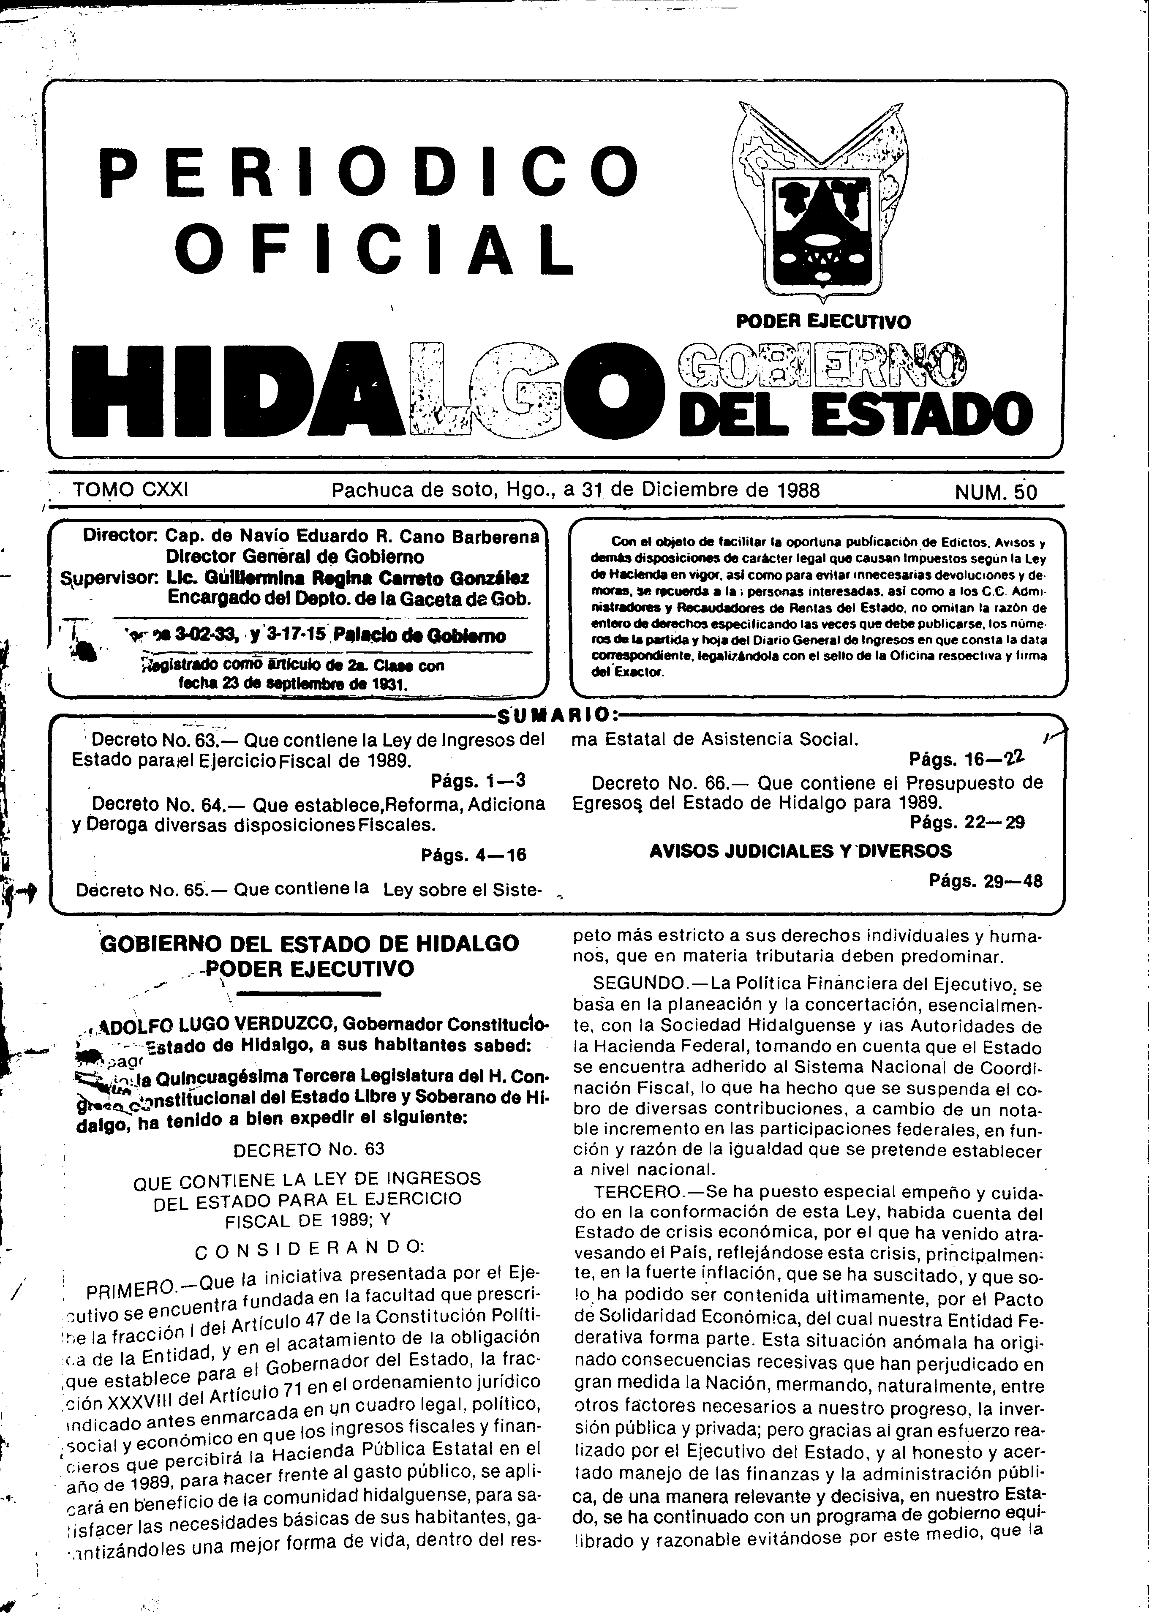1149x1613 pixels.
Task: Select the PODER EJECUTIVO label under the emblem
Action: (824, 322)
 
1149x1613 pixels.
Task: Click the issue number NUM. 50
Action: (996, 492)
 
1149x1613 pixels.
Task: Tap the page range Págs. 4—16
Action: (473, 855)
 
